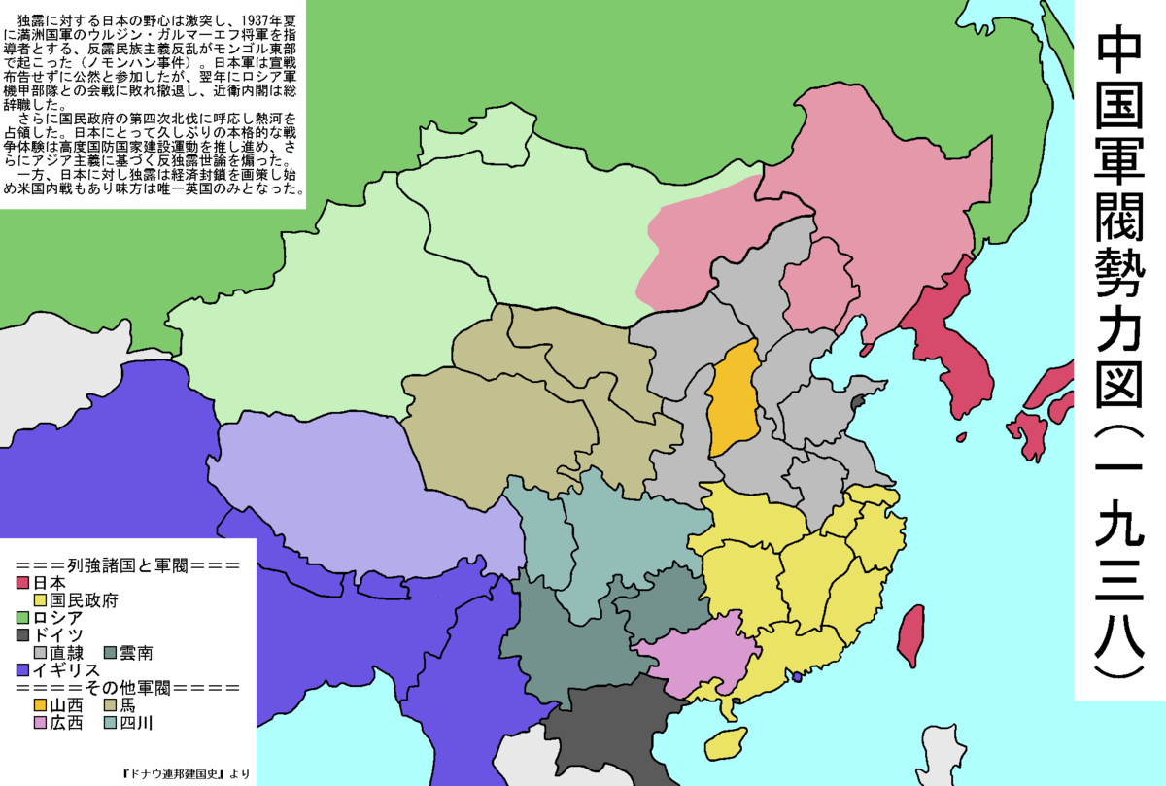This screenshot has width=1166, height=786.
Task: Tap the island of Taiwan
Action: tap(910, 636)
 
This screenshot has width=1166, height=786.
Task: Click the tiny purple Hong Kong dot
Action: tap(798, 676)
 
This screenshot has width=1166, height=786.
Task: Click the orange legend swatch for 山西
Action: tap(40, 705)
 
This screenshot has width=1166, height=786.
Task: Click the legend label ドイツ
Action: tap(57, 635)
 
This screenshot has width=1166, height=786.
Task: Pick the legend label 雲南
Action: tap(136, 653)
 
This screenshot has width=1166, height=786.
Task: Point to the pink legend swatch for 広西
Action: tap(40, 723)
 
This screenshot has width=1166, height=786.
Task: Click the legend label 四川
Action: tap(136, 723)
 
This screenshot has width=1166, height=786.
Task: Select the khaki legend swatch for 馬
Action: tap(109, 705)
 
